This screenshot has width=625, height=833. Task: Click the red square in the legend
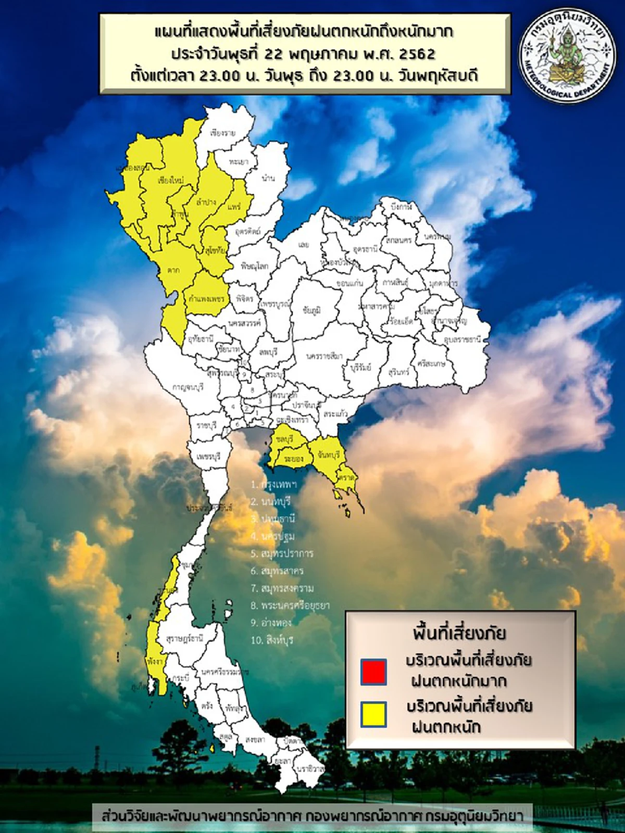click(374, 671)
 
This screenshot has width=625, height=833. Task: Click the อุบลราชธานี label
click(462, 339)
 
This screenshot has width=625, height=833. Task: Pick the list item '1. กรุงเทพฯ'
click(273, 484)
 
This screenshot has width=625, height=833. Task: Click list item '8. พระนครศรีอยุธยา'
click(290, 605)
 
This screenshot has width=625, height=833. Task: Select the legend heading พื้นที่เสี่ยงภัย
click(459, 634)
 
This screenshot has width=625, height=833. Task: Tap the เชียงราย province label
click(223, 133)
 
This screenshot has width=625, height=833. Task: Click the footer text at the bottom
click(312, 815)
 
